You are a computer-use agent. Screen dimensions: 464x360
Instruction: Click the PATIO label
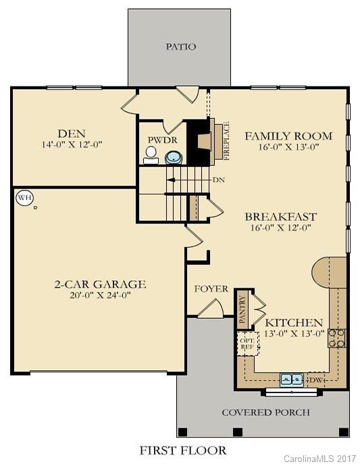[180, 47]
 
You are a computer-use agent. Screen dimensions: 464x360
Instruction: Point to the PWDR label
[157, 140]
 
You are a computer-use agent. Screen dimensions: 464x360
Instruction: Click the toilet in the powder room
[150, 154]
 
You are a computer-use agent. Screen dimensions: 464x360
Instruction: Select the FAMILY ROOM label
[281, 134]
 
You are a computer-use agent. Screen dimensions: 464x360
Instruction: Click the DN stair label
[218, 180]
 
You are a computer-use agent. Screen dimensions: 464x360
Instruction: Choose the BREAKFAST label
[280, 217]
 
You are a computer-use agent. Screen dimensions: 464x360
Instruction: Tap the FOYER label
[211, 288]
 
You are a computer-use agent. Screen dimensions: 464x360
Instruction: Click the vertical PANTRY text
[241, 309]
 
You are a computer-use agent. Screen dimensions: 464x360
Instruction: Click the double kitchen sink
[292, 380]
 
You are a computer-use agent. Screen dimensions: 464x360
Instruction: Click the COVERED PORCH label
[265, 412]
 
